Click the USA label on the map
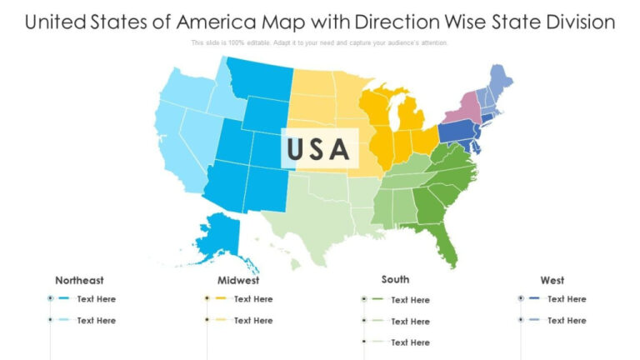[x=317, y=148]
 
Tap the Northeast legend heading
[x=79, y=281]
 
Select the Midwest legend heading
[x=238, y=281]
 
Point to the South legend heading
[x=395, y=280]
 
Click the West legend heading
[x=552, y=281]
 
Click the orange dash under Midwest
[x=221, y=298]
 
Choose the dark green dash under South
[x=377, y=299]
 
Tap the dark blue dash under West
[x=534, y=298]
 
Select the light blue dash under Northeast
[x=64, y=320]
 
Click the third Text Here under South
[x=410, y=342]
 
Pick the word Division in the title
[x=574, y=22]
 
